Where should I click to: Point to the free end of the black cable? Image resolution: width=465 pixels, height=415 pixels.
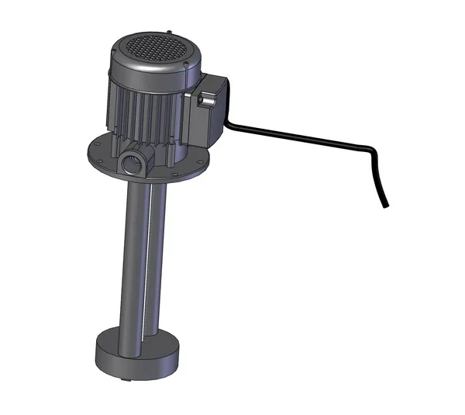[386, 206]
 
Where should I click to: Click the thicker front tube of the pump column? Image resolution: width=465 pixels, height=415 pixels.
[132, 256]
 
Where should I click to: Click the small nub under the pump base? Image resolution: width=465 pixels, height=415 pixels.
[124, 379]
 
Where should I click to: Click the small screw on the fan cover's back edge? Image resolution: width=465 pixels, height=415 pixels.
[168, 32]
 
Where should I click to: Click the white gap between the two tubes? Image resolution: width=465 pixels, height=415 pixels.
[146, 256]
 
